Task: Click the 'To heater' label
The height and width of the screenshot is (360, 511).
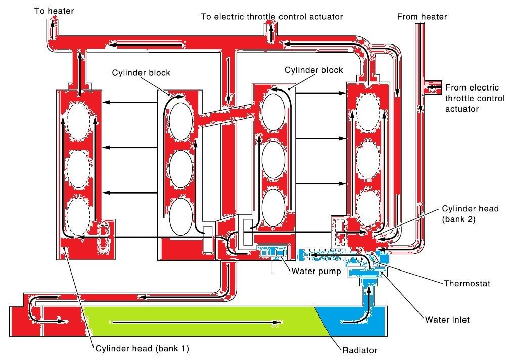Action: tap(54, 11)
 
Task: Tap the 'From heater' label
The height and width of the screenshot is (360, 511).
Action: tap(422, 17)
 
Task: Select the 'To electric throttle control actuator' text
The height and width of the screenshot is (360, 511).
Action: tap(271, 17)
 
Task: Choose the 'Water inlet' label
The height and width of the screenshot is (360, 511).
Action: tap(447, 320)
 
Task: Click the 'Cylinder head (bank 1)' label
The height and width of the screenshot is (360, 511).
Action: tap(142, 348)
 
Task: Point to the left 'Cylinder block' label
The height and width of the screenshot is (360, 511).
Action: tap(141, 73)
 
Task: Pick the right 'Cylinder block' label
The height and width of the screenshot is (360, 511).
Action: tap(313, 70)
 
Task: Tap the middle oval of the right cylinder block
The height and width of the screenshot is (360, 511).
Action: tap(274, 160)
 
